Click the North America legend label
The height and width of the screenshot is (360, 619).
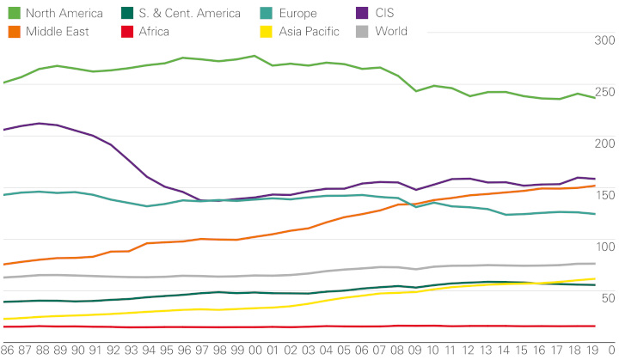click(64, 13)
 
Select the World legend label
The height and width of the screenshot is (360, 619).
click(391, 32)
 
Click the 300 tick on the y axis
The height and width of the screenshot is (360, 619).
click(604, 40)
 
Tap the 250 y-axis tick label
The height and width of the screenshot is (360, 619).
click(604, 91)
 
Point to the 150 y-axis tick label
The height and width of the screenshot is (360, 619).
click(604, 195)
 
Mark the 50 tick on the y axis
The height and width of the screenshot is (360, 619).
click(604, 298)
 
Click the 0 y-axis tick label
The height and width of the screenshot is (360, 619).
click(610, 351)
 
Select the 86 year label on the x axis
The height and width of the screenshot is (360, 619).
click(7, 351)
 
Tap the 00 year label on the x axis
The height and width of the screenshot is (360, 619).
click(255, 351)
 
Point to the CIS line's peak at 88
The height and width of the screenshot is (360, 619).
click(40, 123)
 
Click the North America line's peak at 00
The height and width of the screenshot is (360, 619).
click(255, 56)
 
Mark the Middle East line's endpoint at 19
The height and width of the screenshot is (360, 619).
click(594, 186)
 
